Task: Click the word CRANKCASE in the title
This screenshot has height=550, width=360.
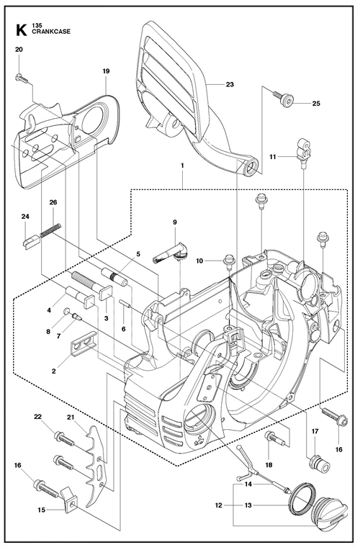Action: [51, 32]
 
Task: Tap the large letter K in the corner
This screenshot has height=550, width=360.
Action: [21, 30]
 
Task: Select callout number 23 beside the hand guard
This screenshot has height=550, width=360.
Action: [230, 84]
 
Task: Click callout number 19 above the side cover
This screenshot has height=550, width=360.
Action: [106, 71]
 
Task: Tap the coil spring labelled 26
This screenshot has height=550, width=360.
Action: [51, 230]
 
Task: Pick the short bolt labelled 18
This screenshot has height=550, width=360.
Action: [277, 438]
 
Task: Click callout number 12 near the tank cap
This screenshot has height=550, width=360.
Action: [219, 505]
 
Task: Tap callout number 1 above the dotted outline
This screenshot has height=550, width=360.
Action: [182, 165]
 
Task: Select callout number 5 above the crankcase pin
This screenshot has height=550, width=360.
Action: [138, 253]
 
